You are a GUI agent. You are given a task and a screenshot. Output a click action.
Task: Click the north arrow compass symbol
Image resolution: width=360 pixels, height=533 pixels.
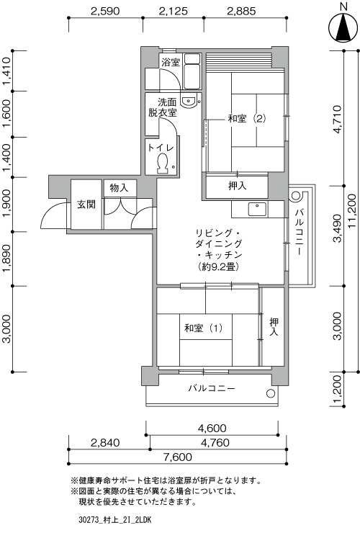click(x=343, y=28)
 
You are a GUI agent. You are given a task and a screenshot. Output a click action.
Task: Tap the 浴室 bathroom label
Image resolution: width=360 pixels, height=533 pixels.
click(x=171, y=62)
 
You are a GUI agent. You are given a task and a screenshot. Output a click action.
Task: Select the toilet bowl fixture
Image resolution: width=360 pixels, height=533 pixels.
click(x=163, y=164)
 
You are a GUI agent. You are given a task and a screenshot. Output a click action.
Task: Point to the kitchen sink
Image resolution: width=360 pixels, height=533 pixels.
click(x=258, y=209)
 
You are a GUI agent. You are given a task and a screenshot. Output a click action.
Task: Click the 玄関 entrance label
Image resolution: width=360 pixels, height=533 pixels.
click(x=86, y=205)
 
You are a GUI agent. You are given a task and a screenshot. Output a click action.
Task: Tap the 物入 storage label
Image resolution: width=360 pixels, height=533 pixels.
click(x=119, y=187)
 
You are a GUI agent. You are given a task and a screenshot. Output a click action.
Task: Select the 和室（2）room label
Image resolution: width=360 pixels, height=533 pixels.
click(x=247, y=119)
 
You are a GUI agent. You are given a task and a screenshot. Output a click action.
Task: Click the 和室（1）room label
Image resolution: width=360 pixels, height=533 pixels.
click(x=203, y=328)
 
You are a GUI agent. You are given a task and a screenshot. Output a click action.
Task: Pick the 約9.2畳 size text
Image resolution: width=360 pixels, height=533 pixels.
click(x=218, y=266)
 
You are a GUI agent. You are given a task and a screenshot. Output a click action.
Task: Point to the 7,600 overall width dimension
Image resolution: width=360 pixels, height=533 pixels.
click(x=178, y=457)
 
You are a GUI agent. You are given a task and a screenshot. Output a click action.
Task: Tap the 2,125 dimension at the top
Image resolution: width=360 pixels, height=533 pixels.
click(x=173, y=12)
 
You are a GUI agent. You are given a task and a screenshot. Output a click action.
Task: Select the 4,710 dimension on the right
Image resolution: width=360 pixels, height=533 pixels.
click(x=337, y=120)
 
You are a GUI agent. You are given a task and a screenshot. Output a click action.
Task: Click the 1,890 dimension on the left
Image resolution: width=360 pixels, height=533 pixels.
click(x=7, y=259)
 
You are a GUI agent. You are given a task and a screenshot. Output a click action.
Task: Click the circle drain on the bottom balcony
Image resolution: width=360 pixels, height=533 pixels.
click(x=271, y=394)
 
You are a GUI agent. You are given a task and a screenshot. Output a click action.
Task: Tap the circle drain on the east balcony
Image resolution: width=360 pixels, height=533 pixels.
click(x=295, y=195)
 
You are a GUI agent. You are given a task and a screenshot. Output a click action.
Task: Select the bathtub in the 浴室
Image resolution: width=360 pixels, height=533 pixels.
click(x=192, y=71)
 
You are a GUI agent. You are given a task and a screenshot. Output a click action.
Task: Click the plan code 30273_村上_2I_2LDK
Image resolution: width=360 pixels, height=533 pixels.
click(x=115, y=520)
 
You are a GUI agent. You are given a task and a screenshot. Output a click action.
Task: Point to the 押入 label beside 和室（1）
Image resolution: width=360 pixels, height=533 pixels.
click(x=274, y=327)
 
